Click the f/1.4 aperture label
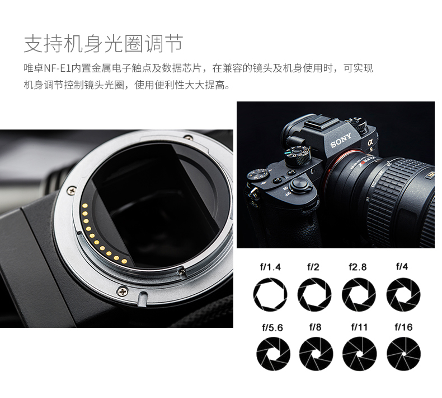(270, 267)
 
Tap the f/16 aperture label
(403, 327)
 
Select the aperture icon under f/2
(314, 294)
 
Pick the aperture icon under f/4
(403, 294)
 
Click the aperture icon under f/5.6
(273, 354)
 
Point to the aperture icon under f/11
(359, 354)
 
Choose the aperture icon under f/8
(316, 354)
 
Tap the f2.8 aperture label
(358, 267)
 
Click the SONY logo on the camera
(341, 140)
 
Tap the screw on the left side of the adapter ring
(73, 190)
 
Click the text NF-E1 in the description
(57, 68)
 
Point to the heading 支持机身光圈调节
(104, 44)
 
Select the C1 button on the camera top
(278, 180)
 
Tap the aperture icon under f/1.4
(270, 294)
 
